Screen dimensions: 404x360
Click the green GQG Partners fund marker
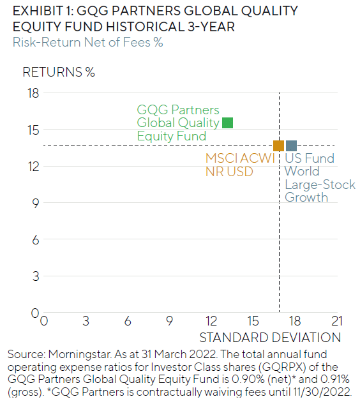pyautogui.click(x=227, y=123)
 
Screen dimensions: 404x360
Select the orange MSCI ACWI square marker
pyautogui.click(x=278, y=146)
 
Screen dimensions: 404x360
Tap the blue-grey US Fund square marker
pyautogui.click(x=291, y=146)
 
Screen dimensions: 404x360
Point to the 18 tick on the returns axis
pyautogui.click(x=32, y=94)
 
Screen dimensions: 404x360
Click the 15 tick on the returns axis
pyautogui.click(x=32, y=130)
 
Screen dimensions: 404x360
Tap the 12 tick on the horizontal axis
pyautogui.click(x=212, y=320)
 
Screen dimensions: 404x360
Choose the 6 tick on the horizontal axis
pyautogui.click(x=128, y=320)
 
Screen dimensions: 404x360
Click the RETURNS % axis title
pyautogui.click(x=59, y=71)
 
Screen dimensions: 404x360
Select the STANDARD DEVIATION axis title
pyautogui.click(x=270, y=337)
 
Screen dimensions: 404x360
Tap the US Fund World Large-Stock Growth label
pyautogui.click(x=309, y=177)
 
